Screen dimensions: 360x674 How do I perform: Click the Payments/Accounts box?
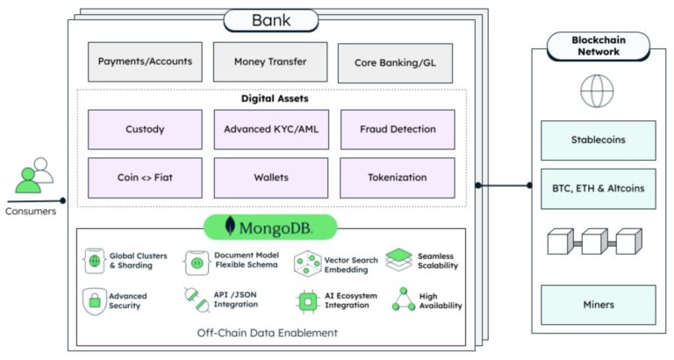pos(145,62)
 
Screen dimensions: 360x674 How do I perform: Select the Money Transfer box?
pos(270,62)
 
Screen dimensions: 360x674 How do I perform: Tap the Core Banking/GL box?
pos(395,63)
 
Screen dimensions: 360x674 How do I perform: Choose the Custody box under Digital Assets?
pos(145,129)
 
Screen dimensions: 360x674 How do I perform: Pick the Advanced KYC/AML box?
pos(270,129)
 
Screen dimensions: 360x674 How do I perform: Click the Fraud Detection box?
pos(398,129)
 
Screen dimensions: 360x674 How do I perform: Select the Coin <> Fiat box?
pos(145,177)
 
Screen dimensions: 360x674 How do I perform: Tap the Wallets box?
pos(270,177)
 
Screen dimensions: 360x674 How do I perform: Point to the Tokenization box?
pos(398,177)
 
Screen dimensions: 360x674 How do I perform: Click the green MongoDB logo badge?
pos(270,227)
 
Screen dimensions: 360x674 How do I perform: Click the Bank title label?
pos(269,19)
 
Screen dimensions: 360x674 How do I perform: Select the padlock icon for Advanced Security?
pos(94,299)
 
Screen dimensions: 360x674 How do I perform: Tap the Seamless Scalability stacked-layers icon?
pos(398,259)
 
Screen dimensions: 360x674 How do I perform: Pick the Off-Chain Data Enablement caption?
pos(271,333)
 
